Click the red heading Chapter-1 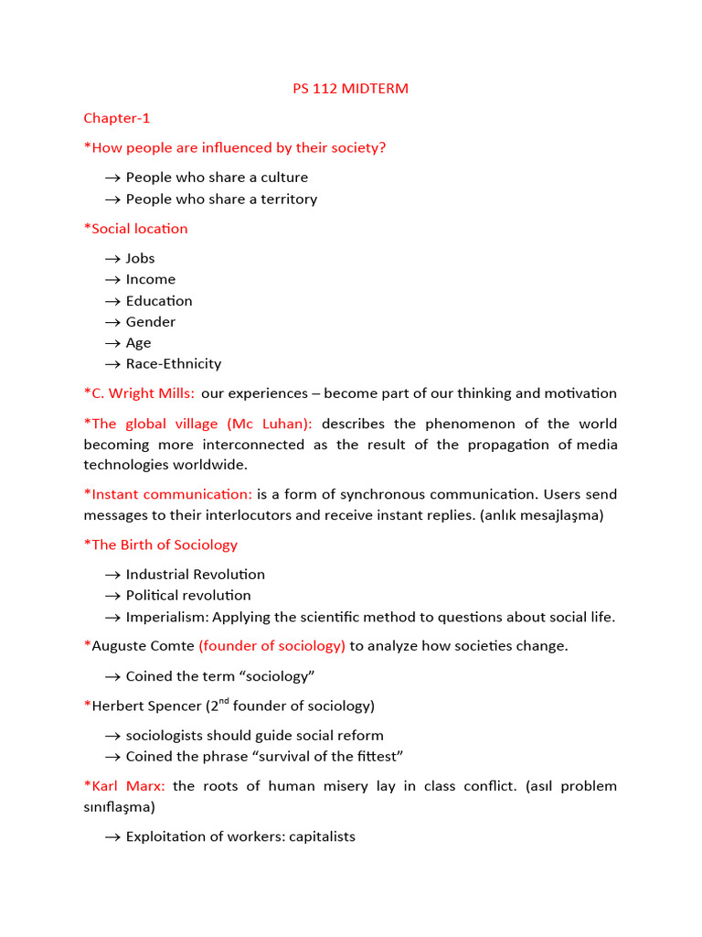tap(117, 118)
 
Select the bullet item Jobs tap(141, 258)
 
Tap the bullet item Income tap(151, 279)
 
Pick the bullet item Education tap(159, 300)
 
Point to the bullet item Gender tap(151, 321)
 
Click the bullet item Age tap(139, 342)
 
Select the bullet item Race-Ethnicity tap(174, 363)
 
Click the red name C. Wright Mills tap(143, 393)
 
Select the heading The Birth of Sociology tap(164, 544)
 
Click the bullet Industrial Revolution tap(196, 574)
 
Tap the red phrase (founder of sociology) tap(271, 646)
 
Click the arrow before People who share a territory tap(112, 199)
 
